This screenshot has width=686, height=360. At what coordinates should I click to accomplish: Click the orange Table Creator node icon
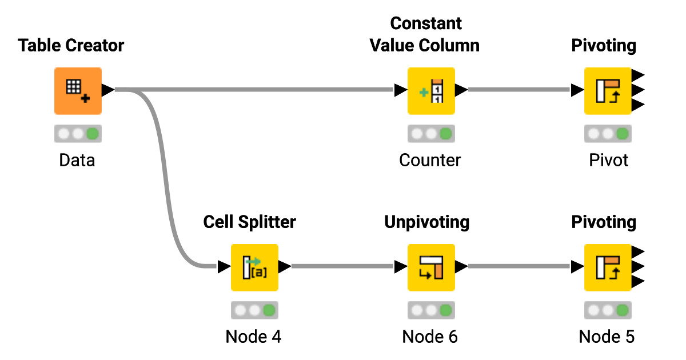pos(78,90)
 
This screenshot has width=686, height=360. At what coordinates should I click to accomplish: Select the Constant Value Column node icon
pos(430,90)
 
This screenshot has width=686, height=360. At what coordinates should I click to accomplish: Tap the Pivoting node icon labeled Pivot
pos(607,90)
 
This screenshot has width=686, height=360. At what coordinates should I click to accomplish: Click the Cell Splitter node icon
pos(254,267)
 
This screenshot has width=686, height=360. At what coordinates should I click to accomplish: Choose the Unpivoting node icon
pos(430,267)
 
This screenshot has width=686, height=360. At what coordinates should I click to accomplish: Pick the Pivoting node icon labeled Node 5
pos(607,267)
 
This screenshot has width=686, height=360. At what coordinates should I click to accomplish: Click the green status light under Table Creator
pos(92,134)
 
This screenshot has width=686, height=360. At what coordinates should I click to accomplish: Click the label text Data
pos(77,160)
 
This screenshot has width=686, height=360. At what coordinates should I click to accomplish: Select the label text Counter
pos(430,160)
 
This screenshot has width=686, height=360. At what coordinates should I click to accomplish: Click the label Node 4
pos(254,337)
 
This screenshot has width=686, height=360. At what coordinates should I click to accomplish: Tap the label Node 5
pos(607,337)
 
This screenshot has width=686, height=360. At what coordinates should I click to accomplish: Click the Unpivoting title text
pos(426,222)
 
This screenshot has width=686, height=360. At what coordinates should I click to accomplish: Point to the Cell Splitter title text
pos(249,222)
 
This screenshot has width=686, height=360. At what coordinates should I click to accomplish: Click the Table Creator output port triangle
pos(107,90)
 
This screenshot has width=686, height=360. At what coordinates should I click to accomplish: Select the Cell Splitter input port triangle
pos(224,266)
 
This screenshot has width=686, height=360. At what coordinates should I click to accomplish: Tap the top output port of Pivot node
pos(638,75)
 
